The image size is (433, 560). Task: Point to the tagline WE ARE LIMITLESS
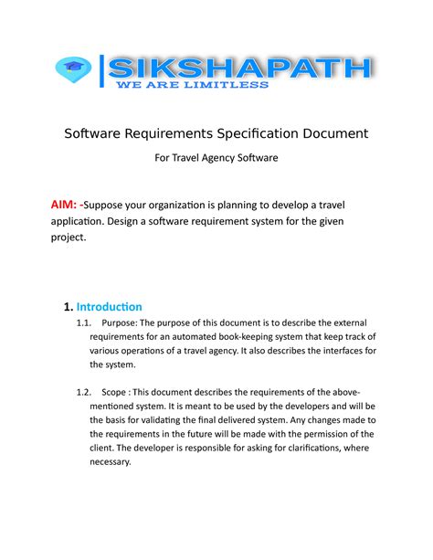(x=190, y=86)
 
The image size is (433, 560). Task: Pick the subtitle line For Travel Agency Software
(x=216, y=159)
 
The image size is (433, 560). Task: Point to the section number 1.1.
(x=85, y=322)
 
